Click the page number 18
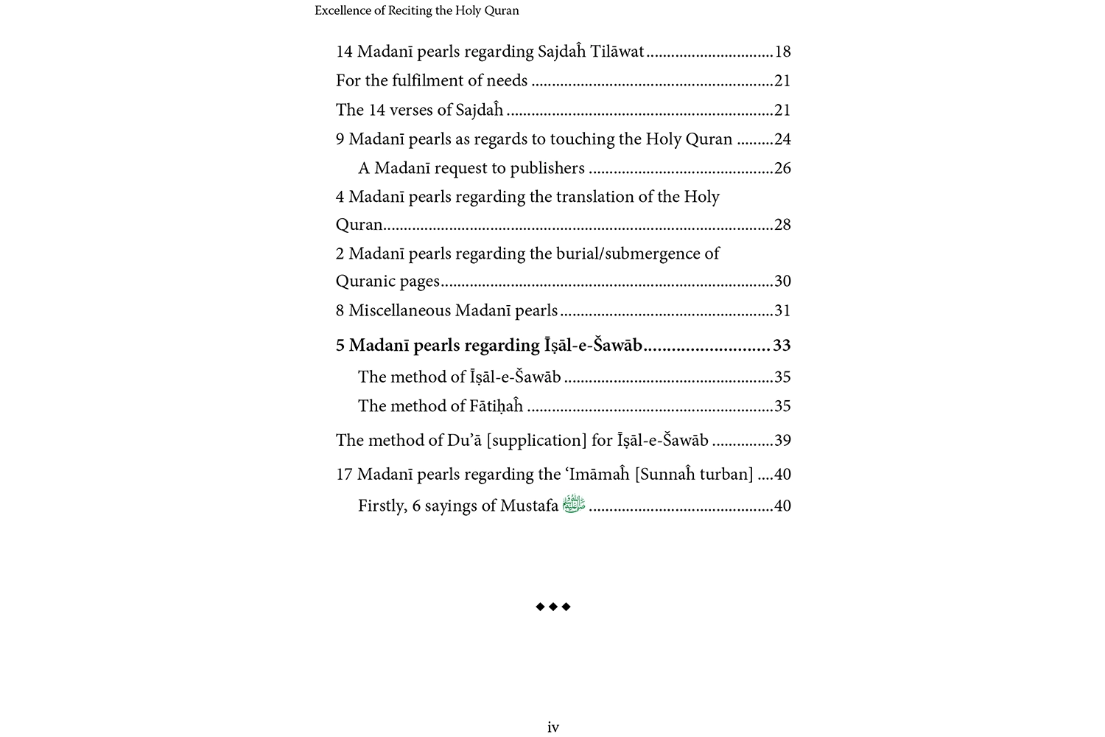pos(782,52)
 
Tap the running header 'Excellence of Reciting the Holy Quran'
pos(416,10)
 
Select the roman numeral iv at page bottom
pos(553,727)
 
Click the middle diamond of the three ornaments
pos(553,607)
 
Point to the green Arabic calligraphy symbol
pos(574,504)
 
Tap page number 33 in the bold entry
pos(782,346)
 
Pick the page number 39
pos(782,441)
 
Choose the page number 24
pos(782,139)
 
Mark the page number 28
pos(782,225)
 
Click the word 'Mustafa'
pos(529,506)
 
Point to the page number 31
pos(782,311)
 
